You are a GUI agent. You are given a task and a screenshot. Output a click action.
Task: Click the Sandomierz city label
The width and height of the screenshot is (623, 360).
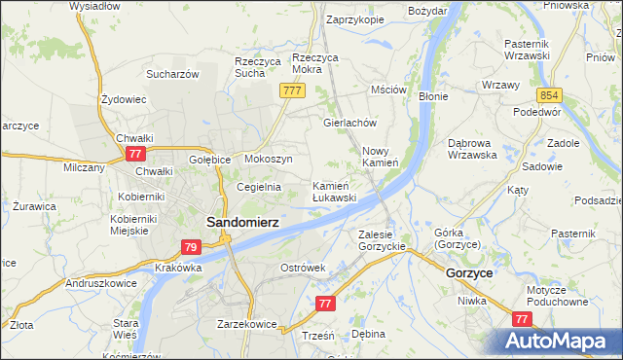click(x=242, y=222)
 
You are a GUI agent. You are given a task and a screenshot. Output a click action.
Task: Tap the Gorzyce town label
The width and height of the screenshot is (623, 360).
click(x=468, y=274)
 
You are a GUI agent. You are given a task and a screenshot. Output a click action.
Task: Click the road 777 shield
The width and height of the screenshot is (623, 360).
click(x=292, y=90)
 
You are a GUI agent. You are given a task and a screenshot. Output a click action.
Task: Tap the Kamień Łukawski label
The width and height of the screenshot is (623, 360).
click(x=334, y=191)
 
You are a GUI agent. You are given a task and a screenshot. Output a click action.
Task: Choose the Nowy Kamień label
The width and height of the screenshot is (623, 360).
click(x=381, y=157)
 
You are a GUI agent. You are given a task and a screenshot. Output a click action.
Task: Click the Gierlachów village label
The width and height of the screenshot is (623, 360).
click(x=349, y=124)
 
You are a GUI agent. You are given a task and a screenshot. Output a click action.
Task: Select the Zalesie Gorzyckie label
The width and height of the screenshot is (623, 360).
click(x=382, y=240)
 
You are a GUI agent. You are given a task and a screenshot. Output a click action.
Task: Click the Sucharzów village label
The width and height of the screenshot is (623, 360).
click(x=172, y=74)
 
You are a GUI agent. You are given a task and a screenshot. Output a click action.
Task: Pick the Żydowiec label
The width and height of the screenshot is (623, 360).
click(x=124, y=99)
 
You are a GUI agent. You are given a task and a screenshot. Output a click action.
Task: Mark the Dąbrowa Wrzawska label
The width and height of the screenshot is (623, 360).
click(x=472, y=148)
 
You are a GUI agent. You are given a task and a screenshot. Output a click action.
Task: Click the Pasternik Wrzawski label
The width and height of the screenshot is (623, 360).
click(x=534, y=50)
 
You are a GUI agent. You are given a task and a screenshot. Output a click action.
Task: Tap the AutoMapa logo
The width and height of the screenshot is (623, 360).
click(x=558, y=341)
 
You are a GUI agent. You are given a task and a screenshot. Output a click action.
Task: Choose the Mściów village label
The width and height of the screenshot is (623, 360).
click(x=387, y=90)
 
